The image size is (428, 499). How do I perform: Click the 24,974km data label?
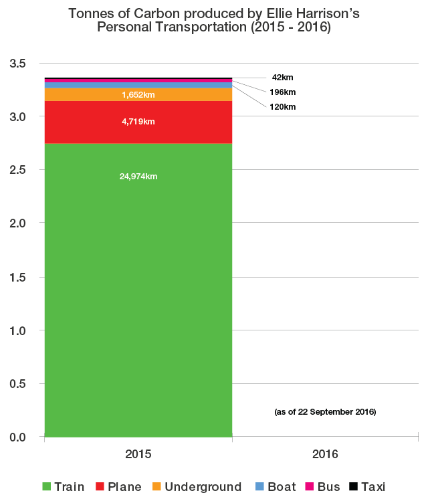(x=138, y=177)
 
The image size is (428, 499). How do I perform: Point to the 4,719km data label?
(x=138, y=122)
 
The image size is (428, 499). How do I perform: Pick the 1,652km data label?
(x=138, y=95)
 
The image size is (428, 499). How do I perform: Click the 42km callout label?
(x=282, y=78)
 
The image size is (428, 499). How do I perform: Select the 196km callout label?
(x=283, y=92)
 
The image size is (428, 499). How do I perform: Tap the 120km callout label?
(x=283, y=107)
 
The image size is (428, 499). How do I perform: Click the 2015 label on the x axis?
(x=138, y=454)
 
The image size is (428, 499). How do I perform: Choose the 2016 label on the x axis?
(x=326, y=454)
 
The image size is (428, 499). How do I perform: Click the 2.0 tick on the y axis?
(x=17, y=224)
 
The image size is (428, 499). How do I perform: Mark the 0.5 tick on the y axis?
(x=17, y=384)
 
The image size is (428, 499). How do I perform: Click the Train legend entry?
(x=63, y=487)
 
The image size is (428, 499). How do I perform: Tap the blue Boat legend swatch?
(x=258, y=487)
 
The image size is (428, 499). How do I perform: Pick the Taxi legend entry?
(x=367, y=487)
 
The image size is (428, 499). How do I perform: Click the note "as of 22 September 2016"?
(x=325, y=412)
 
